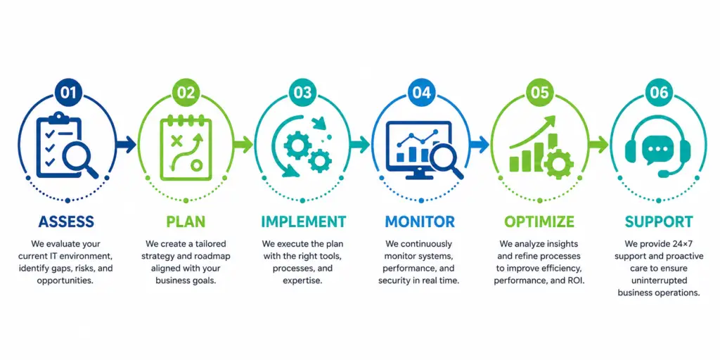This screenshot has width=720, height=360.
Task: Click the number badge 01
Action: click(67, 92)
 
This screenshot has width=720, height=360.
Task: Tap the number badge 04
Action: click(422, 92)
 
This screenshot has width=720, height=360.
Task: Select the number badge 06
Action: click(659, 92)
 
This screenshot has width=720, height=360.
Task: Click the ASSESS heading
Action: click(66, 221)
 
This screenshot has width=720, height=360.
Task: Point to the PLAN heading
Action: click(186, 221)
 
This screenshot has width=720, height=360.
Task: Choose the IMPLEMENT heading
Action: click(303, 221)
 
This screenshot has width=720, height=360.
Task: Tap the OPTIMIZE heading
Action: click(539, 221)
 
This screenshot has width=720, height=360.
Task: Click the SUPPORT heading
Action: click(658, 221)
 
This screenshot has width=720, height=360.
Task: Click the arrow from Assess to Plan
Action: click(125, 145)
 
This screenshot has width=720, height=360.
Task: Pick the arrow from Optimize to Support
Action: click(598, 145)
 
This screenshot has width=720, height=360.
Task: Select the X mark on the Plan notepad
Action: click(176, 141)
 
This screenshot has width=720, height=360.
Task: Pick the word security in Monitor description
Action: click(394, 281)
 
